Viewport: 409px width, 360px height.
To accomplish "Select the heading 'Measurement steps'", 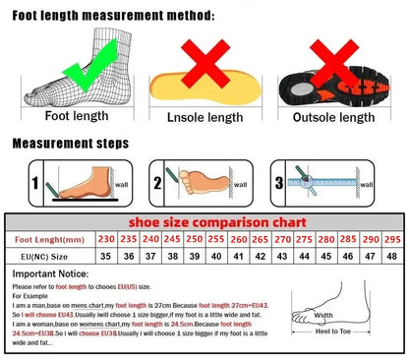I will point(70,144).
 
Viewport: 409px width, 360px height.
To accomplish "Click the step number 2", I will point(157,183).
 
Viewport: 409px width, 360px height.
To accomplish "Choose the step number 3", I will point(279,183).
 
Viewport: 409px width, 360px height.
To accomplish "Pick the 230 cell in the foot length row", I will point(106,239).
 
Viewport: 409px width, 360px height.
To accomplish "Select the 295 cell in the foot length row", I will point(390,239).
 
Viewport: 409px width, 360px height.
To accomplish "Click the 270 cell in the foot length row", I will point(281,239).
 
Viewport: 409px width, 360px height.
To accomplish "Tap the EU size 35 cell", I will point(106,256).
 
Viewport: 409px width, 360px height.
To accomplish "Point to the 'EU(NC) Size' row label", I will point(48,256).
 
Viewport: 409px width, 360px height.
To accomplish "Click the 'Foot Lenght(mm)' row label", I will point(48,239).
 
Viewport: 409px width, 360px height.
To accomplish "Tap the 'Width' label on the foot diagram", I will point(321,315).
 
